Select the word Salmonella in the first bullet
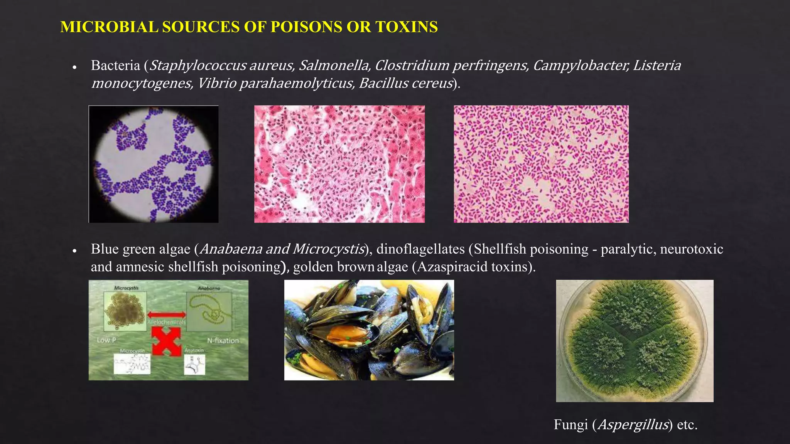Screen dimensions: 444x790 pos(334,66)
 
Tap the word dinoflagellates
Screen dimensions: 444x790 pos(420,249)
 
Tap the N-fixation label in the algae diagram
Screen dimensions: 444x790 pos(223,341)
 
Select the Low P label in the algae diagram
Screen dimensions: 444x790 pos(106,340)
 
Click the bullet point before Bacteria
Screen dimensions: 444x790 pos(75,67)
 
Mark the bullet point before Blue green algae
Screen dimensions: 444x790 pos(75,251)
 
